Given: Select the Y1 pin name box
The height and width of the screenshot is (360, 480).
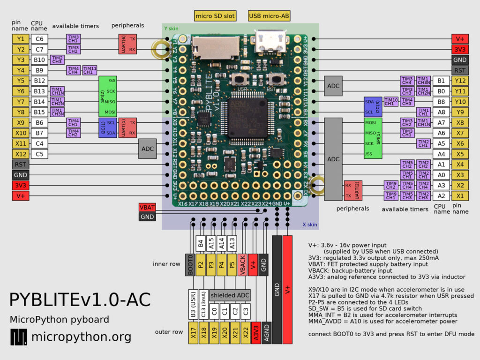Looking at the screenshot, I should click(x=20, y=39).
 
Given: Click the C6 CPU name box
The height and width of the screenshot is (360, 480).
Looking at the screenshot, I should click(x=39, y=39).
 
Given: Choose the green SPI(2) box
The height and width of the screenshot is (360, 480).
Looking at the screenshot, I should click(x=108, y=96).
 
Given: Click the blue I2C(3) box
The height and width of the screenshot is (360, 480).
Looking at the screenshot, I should click(x=373, y=107).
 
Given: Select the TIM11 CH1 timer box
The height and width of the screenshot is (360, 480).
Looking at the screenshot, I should click(x=90, y=70).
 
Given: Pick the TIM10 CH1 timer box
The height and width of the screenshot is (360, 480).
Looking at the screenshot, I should click(x=391, y=101).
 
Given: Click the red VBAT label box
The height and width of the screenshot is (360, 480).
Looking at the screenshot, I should click(x=147, y=207).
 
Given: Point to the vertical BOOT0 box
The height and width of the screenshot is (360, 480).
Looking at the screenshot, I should click(x=190, y=264).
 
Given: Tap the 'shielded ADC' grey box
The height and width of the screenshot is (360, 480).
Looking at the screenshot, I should click(x=230, y=295).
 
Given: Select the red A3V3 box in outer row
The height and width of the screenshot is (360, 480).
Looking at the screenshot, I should click(x=256, y=334).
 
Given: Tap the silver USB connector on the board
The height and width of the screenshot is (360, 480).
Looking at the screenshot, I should click(x=269, y=42).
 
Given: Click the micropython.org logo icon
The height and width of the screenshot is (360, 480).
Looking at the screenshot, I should click(x=19, y=337).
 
